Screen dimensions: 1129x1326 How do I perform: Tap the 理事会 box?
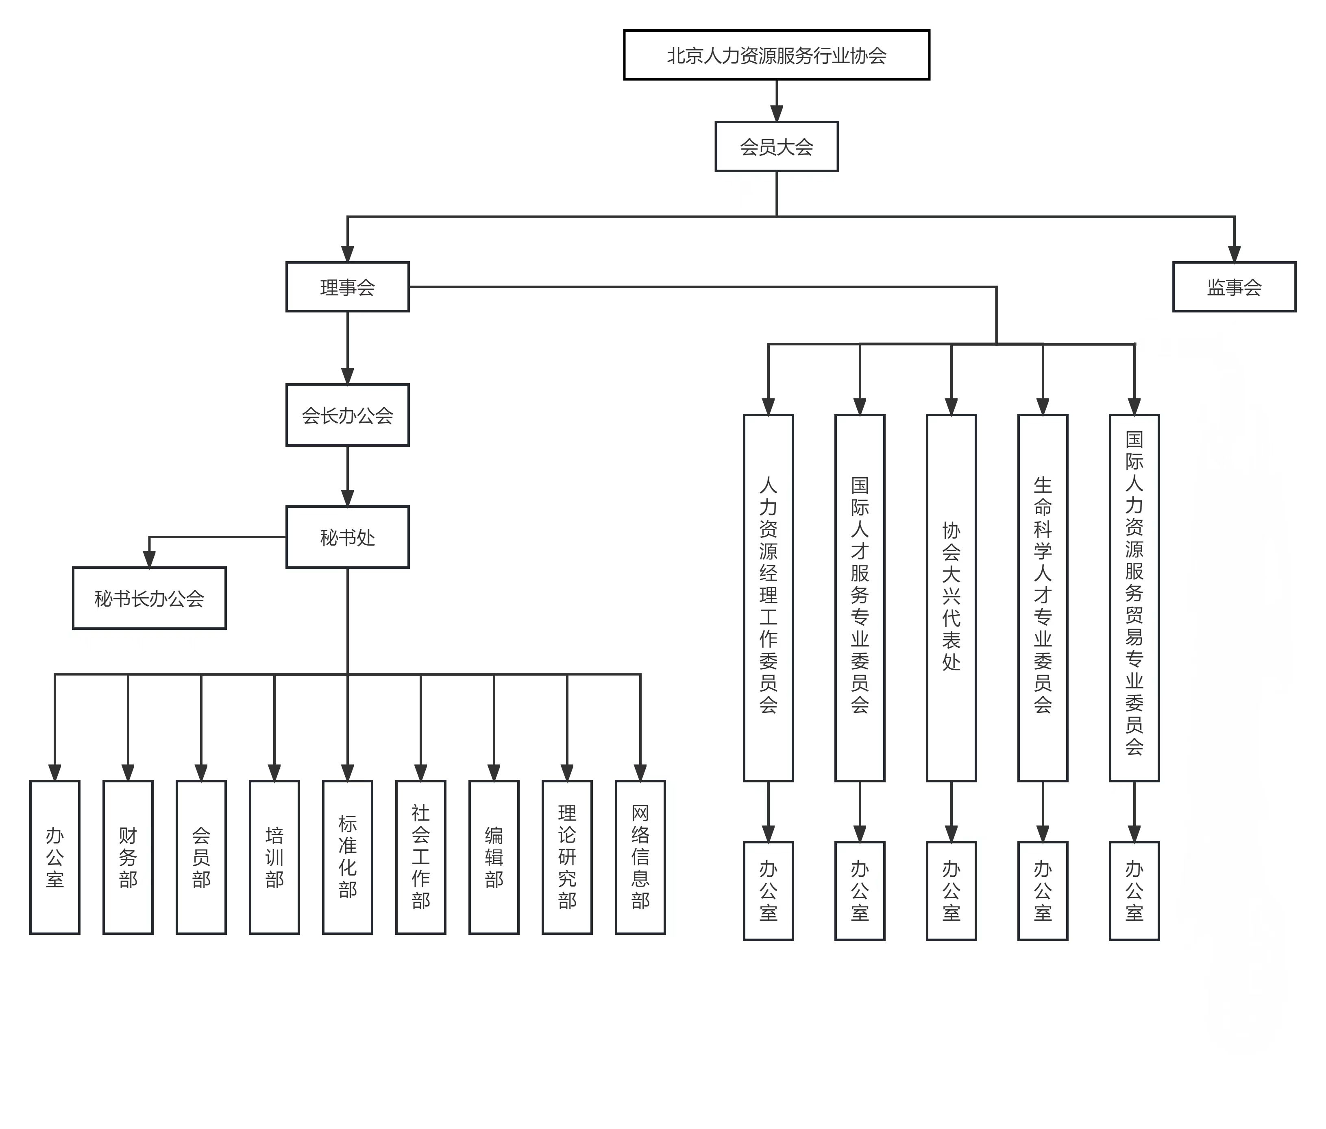[x=347, y=287]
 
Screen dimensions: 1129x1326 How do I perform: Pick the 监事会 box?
[x=1233, y=287]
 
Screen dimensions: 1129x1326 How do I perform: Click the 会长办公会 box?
[x=347, y=415]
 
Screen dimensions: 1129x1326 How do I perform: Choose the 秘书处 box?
[x=347, y=537]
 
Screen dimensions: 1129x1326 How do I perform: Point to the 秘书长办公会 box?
[x=149, y=598]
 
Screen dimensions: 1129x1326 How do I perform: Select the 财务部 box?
[x=128, y=857]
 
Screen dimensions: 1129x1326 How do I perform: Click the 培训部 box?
[x=274, y=857]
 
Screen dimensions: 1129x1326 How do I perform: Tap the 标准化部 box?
[x=347, y=857]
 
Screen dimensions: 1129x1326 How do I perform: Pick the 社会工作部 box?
[x=421, y=857]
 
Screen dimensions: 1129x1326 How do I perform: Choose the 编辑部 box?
[x=494, y=857]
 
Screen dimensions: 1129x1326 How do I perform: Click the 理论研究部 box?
[x=567, y=857]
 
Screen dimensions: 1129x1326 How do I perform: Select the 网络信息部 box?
[x=640, y=857]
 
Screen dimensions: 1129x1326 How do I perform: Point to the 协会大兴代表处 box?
[x=951, y=597]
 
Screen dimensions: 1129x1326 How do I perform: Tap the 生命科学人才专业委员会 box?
[x=1043, y=597]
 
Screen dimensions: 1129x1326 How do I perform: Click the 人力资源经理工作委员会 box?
[x=768, y=597]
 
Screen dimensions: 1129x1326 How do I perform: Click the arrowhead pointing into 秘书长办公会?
[x=149, y=559]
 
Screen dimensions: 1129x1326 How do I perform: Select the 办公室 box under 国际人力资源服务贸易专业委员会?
[x=1134, y=890]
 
